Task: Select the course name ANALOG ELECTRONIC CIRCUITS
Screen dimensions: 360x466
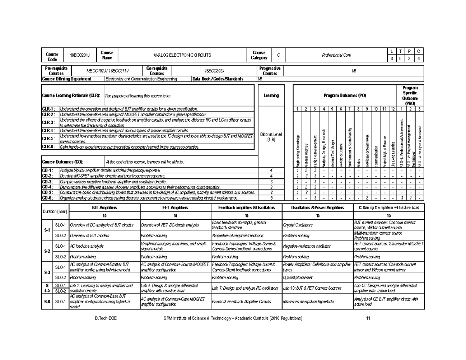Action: [x=183, y=55]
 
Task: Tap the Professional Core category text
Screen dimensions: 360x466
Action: [x=337, y=55]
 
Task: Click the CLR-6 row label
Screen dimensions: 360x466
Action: [x=49, y=147]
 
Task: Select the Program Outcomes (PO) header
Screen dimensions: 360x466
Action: [x=344, y=95]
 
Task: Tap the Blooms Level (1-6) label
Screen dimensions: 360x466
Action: [x=271, y=137]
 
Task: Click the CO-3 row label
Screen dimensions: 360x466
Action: [x=48, y=181]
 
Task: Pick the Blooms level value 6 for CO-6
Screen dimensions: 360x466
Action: [x=271, y=198]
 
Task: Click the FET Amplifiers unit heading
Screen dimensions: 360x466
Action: [x=175, y=208]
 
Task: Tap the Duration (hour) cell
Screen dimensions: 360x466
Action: [x=55, y=211]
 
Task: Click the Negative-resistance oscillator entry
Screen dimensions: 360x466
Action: [x=307, y=246]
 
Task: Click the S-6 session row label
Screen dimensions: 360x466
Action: [x=47, y=301]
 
